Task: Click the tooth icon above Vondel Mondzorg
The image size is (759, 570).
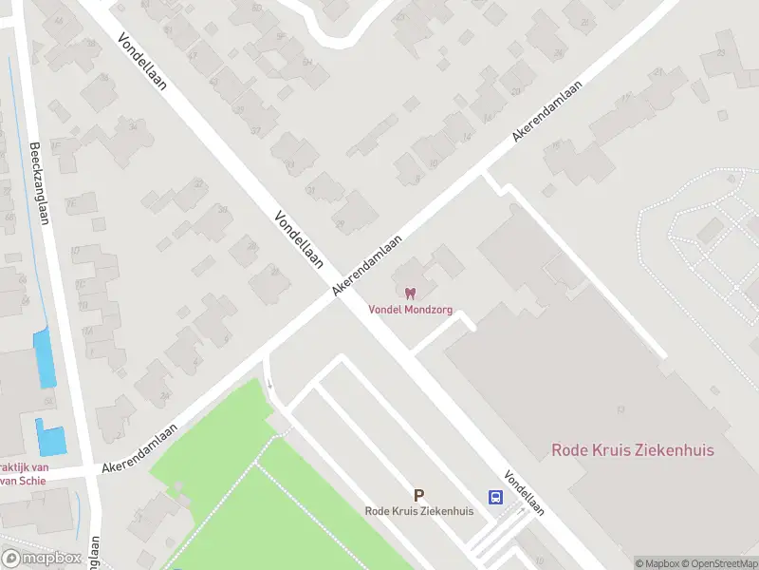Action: click(x=410, y=294)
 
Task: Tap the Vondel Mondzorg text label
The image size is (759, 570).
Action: click(x=410, y=309)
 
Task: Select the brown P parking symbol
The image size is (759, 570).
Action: click(x=418, y=495)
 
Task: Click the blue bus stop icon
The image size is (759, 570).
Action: click(x=495, y=497)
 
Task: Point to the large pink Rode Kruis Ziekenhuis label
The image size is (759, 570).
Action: click(x=633, y=450)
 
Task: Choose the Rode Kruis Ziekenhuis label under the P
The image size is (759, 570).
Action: click(x=418, y=511)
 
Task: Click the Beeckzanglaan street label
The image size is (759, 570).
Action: click(x=40, y=184)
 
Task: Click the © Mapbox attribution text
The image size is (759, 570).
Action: click(x=657, y=563)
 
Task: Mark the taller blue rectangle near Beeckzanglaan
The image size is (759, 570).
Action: click(x=45, y=358)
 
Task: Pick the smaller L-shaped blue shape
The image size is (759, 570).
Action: click(x=51, y=438)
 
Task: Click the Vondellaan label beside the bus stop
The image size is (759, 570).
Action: click(x=524, y=494)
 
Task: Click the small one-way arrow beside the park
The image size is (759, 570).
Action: click(x=270, y=385)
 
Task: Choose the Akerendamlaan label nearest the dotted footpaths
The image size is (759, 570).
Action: click(x=548, y=111)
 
